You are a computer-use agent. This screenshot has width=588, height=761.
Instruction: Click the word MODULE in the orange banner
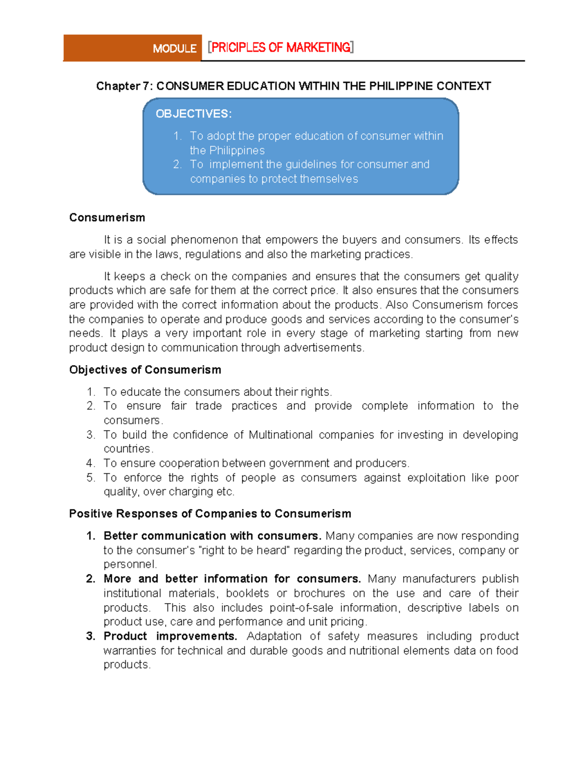click(174, 49)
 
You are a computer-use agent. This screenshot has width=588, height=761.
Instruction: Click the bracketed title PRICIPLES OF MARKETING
click(280, 48)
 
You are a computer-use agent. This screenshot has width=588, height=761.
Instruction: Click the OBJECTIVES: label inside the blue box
click(194, 114)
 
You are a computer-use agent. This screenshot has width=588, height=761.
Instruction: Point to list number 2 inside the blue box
click(177, 165)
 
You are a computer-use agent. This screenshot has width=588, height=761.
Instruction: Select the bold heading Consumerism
click(107, 218)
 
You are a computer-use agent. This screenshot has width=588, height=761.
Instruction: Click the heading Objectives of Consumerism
click(145, 370)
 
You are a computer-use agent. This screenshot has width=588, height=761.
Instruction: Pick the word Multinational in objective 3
click(280, 435)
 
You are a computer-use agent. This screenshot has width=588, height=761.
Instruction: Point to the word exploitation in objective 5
click(436, 478)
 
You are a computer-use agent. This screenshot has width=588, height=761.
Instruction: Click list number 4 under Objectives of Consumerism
click(90, 464)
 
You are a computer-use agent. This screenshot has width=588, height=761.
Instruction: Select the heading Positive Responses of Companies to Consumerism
click(210, 514)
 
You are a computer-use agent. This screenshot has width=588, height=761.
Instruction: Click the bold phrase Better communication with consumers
click(212, 536)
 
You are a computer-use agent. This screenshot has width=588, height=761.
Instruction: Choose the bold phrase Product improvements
click(170, 637)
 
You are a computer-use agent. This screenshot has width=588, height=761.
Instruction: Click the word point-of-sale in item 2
click(301, 608)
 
